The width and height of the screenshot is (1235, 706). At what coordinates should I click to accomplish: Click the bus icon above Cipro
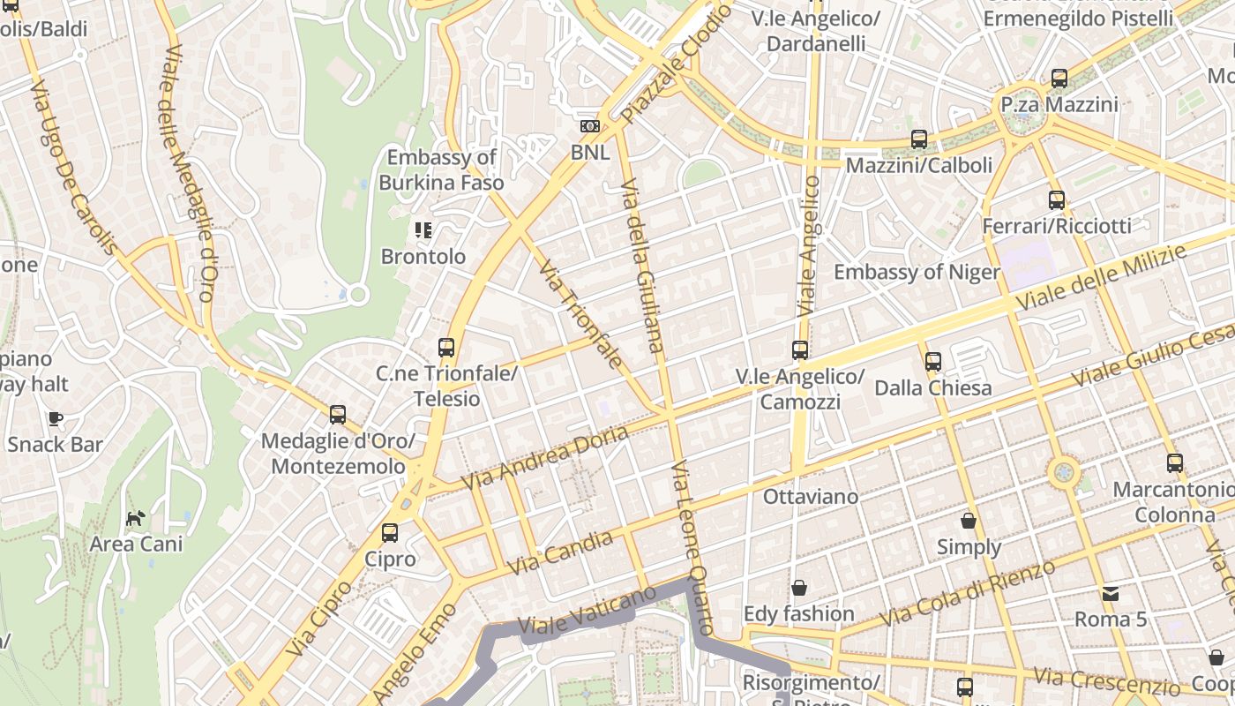(390, 533)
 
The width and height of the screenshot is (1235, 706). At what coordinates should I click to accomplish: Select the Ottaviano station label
(810, 497)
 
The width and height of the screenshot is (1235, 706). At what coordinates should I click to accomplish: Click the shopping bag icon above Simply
(969, 521)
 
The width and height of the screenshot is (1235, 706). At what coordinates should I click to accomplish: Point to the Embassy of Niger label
(917, 272)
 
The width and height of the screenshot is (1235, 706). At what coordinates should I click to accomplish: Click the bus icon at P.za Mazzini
(1059, 79)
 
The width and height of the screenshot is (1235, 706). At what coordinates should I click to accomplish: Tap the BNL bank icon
(590, 126)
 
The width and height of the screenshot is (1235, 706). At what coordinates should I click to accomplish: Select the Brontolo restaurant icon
(423, 230)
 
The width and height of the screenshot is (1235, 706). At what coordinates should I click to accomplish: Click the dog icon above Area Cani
(135, 518)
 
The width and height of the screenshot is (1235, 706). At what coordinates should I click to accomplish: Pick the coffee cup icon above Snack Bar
(56, 418)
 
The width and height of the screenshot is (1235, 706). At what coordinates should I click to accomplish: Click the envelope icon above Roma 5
(1110, 593)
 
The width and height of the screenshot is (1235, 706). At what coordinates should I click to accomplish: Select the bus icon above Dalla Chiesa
(933, 361)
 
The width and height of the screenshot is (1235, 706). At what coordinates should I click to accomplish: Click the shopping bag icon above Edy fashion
(799, 588)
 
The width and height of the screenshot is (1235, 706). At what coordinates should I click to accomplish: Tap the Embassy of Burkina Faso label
(441, 170)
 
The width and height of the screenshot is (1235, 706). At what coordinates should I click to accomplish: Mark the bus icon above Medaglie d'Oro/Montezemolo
(337, 415)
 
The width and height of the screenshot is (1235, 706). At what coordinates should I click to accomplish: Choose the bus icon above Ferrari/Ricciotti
(1057, 200)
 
